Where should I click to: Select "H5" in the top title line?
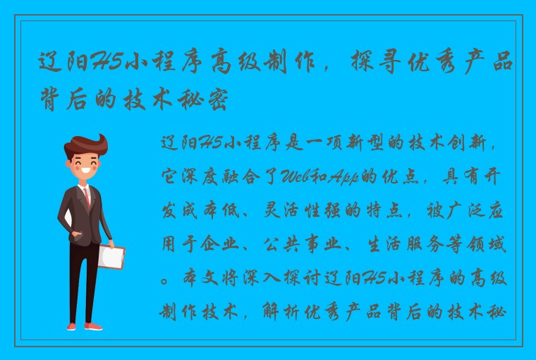[x=106, y=65]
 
